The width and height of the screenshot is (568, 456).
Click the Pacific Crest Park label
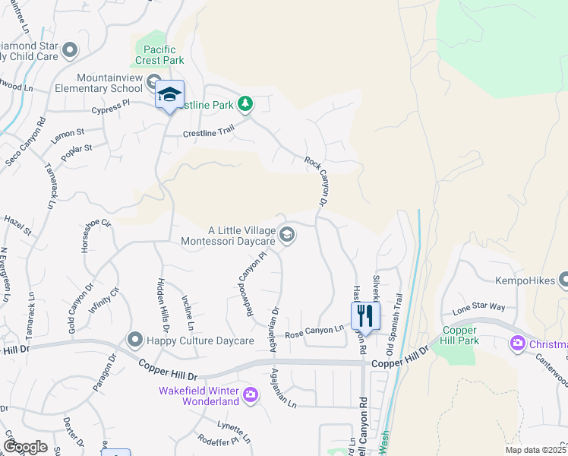(159, 54)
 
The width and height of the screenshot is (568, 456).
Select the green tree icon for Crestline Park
(245, 103)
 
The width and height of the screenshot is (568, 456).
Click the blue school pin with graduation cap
(170, 95)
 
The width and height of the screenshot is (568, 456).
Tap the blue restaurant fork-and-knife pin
(365, 315)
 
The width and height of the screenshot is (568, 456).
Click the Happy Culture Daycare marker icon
(135, 339)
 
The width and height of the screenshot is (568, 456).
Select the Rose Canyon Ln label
(314, 332)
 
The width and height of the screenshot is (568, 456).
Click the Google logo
(25, 446)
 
